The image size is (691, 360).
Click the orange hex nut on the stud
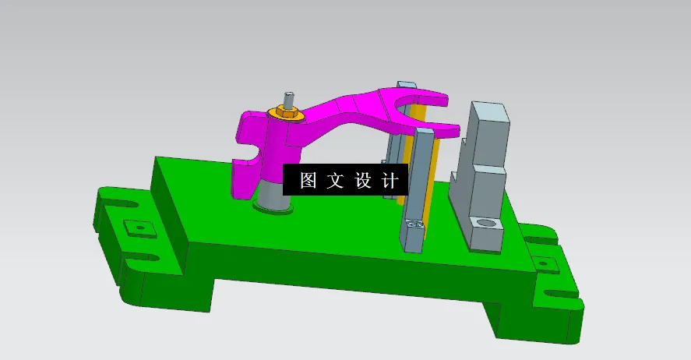pyautogui.click(x=286, y=114)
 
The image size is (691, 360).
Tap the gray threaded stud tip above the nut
pyautogui.click(x=289, y=99)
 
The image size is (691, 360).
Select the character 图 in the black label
pyautogui.click(x=308, y=181)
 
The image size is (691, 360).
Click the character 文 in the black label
pyautogui.click(x=335, y=181)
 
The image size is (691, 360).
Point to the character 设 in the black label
pyautogui.click(x=363, y=181)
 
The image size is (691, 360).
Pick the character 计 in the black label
pyautogui.click(x=390, y=181)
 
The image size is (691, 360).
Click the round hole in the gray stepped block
pyautogui.click(x=487, y=224)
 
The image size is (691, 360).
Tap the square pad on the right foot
pyautogui.click(x=548, y=263)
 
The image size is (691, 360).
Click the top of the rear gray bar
pyautogui.click(x=404, y=84)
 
